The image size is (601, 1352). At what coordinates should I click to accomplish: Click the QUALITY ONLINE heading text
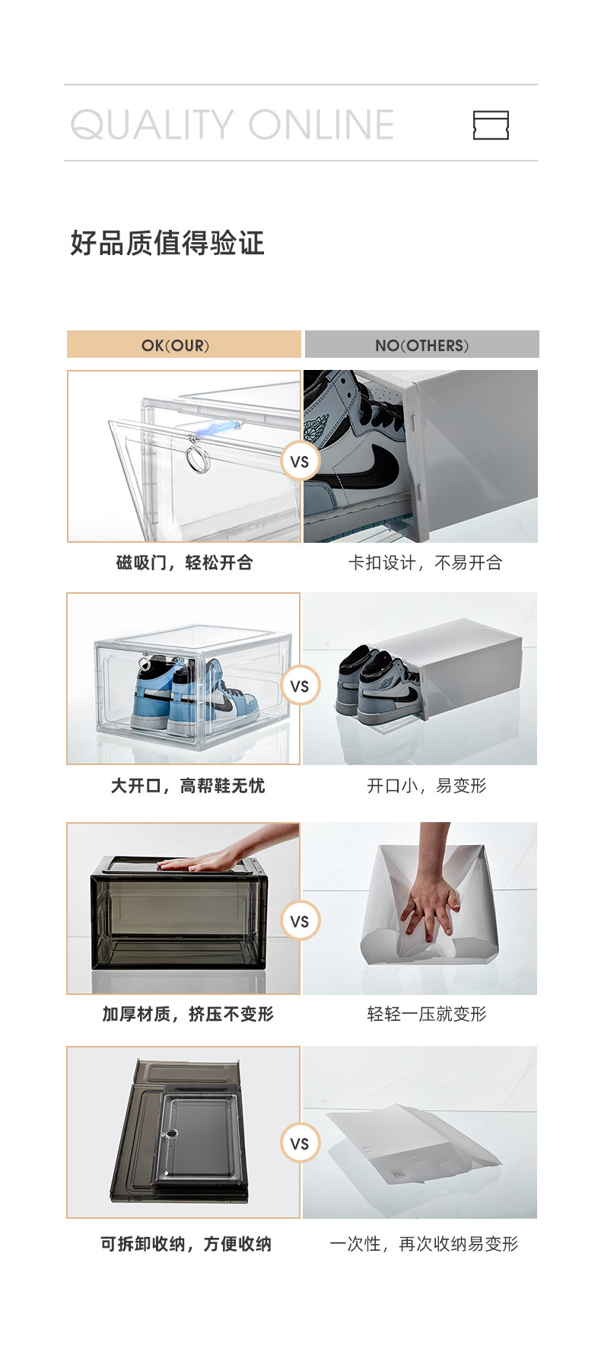pos(232,125)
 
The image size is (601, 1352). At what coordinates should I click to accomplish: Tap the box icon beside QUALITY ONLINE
pos(491,125)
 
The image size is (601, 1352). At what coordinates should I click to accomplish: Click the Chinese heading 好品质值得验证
pos(167,244)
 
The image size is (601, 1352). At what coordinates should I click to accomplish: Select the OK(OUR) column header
pos(183,345)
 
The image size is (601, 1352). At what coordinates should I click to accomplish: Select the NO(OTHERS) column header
pos(421,345)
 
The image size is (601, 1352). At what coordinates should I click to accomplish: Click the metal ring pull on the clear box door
pos(199,459)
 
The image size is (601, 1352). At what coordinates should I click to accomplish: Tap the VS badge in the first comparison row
pos(300,461)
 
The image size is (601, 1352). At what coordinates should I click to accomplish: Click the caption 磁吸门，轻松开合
pos(184,563)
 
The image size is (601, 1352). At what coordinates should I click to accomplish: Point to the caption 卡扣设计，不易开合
pos(425,563)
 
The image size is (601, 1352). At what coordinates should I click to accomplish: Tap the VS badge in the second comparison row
pos(300,686)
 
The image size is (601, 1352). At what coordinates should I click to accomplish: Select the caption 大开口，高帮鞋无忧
pos(187,786)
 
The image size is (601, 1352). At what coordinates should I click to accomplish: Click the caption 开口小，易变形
pos(426,786)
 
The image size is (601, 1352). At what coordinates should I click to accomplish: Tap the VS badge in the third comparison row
pos(300,921)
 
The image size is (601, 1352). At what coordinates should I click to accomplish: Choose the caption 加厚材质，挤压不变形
pos(187,1014)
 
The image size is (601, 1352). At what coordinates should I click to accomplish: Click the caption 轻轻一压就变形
pos(426,1014)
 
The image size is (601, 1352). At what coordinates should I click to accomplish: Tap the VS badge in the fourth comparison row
pos(300,1143)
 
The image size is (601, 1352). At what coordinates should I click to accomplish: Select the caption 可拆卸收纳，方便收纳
pos(186,1244)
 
